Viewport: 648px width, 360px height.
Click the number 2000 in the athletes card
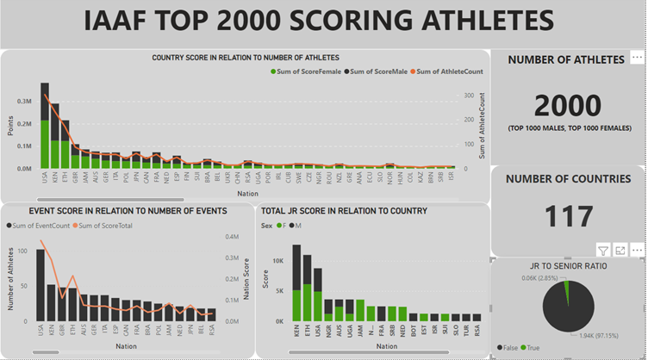[x=567, y=106]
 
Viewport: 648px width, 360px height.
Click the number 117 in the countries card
[x=567, y=215]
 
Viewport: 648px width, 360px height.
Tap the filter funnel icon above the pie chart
[x=603, y=250]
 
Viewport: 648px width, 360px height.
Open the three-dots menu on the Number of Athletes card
[x=636, y=56]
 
